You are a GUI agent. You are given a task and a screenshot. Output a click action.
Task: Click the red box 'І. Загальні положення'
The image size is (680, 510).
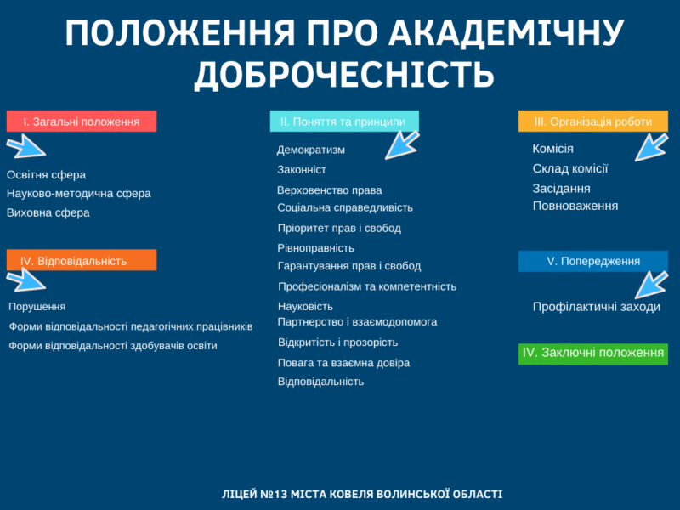click(82, 121)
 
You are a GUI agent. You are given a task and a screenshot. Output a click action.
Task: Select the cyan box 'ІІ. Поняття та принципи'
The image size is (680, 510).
click(344, 121)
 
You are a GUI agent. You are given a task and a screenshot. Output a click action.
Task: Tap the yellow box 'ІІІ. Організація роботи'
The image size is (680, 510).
click(592, 121)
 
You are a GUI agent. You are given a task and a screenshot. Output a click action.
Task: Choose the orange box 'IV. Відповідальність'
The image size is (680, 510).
click(82, 260)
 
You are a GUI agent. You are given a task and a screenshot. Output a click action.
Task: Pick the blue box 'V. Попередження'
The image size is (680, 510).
click(592, 261)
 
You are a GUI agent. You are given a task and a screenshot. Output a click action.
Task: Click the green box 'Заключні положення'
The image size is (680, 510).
click(592, 354)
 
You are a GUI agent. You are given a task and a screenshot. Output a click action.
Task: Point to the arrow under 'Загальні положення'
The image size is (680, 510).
click(25, 146)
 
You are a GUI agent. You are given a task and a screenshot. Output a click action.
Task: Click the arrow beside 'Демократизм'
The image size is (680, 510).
click(402, 145)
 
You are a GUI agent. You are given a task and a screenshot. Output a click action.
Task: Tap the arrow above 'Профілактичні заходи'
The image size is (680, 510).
click(651, 285)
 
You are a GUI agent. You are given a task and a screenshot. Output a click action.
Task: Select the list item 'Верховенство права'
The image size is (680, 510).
click(330, 190)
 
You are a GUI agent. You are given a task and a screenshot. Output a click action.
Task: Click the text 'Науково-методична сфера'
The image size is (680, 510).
click(78, 194)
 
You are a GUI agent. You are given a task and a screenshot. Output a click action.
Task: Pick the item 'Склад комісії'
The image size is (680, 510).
click(569, 168)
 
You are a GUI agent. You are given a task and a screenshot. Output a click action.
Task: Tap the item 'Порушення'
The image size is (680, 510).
click(37, 307)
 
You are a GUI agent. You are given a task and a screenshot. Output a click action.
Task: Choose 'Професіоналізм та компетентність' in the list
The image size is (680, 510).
click(367, 286)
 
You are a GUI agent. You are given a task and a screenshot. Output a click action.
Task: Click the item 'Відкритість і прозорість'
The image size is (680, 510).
click(337, 343)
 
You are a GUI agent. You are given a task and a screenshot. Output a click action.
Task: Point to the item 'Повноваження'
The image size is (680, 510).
click(575, 206)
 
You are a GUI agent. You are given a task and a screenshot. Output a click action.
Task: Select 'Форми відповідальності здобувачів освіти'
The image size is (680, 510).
click(113, 346)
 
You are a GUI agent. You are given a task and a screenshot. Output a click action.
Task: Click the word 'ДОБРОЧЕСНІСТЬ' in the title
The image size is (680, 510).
click(344, 74)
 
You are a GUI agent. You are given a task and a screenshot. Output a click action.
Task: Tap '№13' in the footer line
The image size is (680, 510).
click(274, 494)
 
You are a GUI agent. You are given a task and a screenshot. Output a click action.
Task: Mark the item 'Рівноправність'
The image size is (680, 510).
click(315, 248)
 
